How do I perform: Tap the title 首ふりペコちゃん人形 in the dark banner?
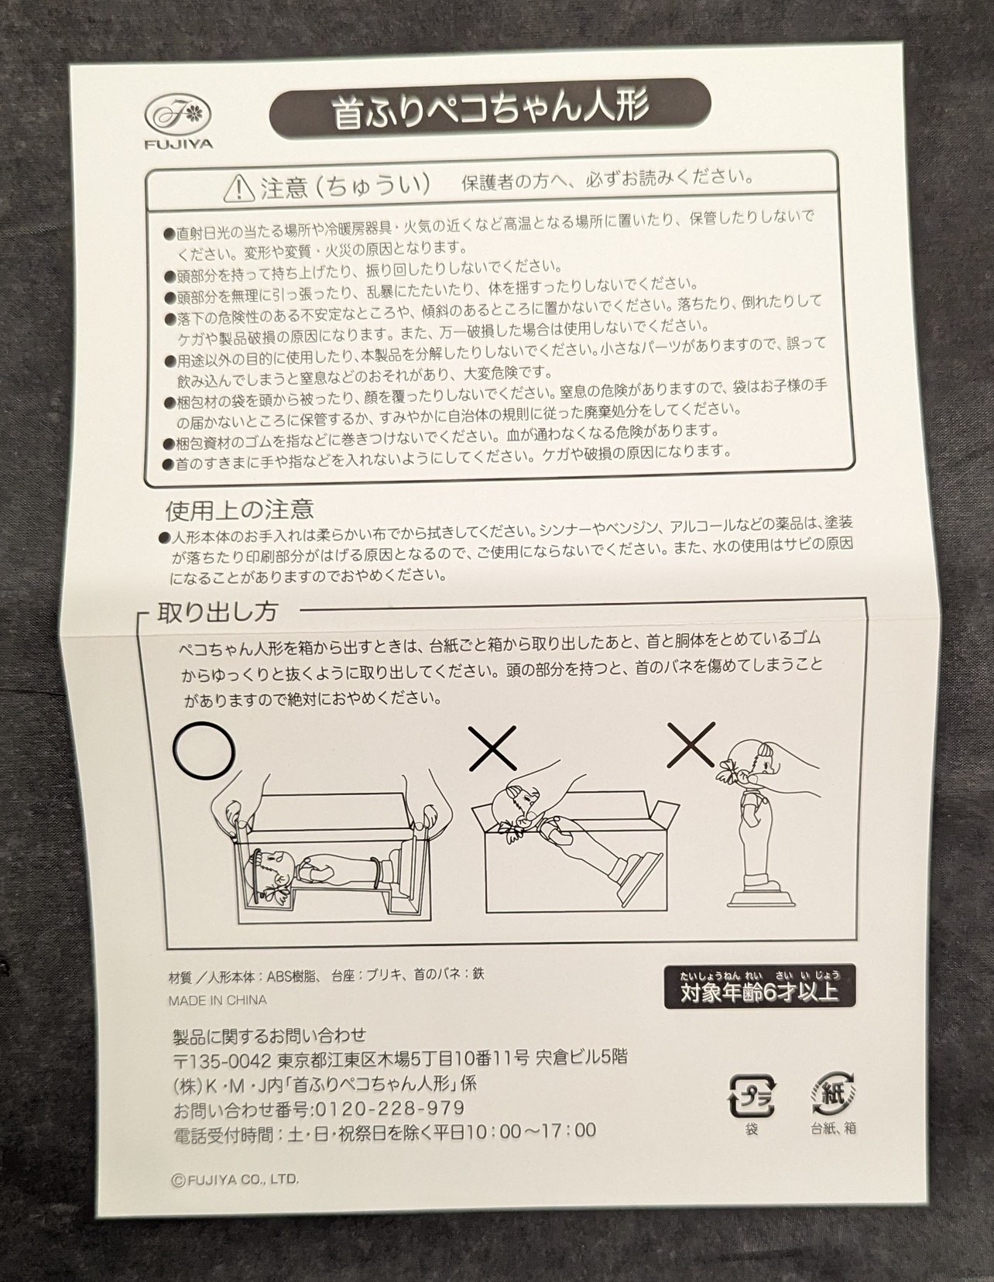click(490, 109)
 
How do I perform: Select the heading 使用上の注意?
click(239, 509)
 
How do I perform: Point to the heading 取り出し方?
click(217, 612)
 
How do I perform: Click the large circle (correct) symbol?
click(204, 750)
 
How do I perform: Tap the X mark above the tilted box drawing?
click(493, 748)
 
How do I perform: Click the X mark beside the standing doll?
click(691, 745)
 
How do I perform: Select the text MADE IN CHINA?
click(218, 1000)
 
